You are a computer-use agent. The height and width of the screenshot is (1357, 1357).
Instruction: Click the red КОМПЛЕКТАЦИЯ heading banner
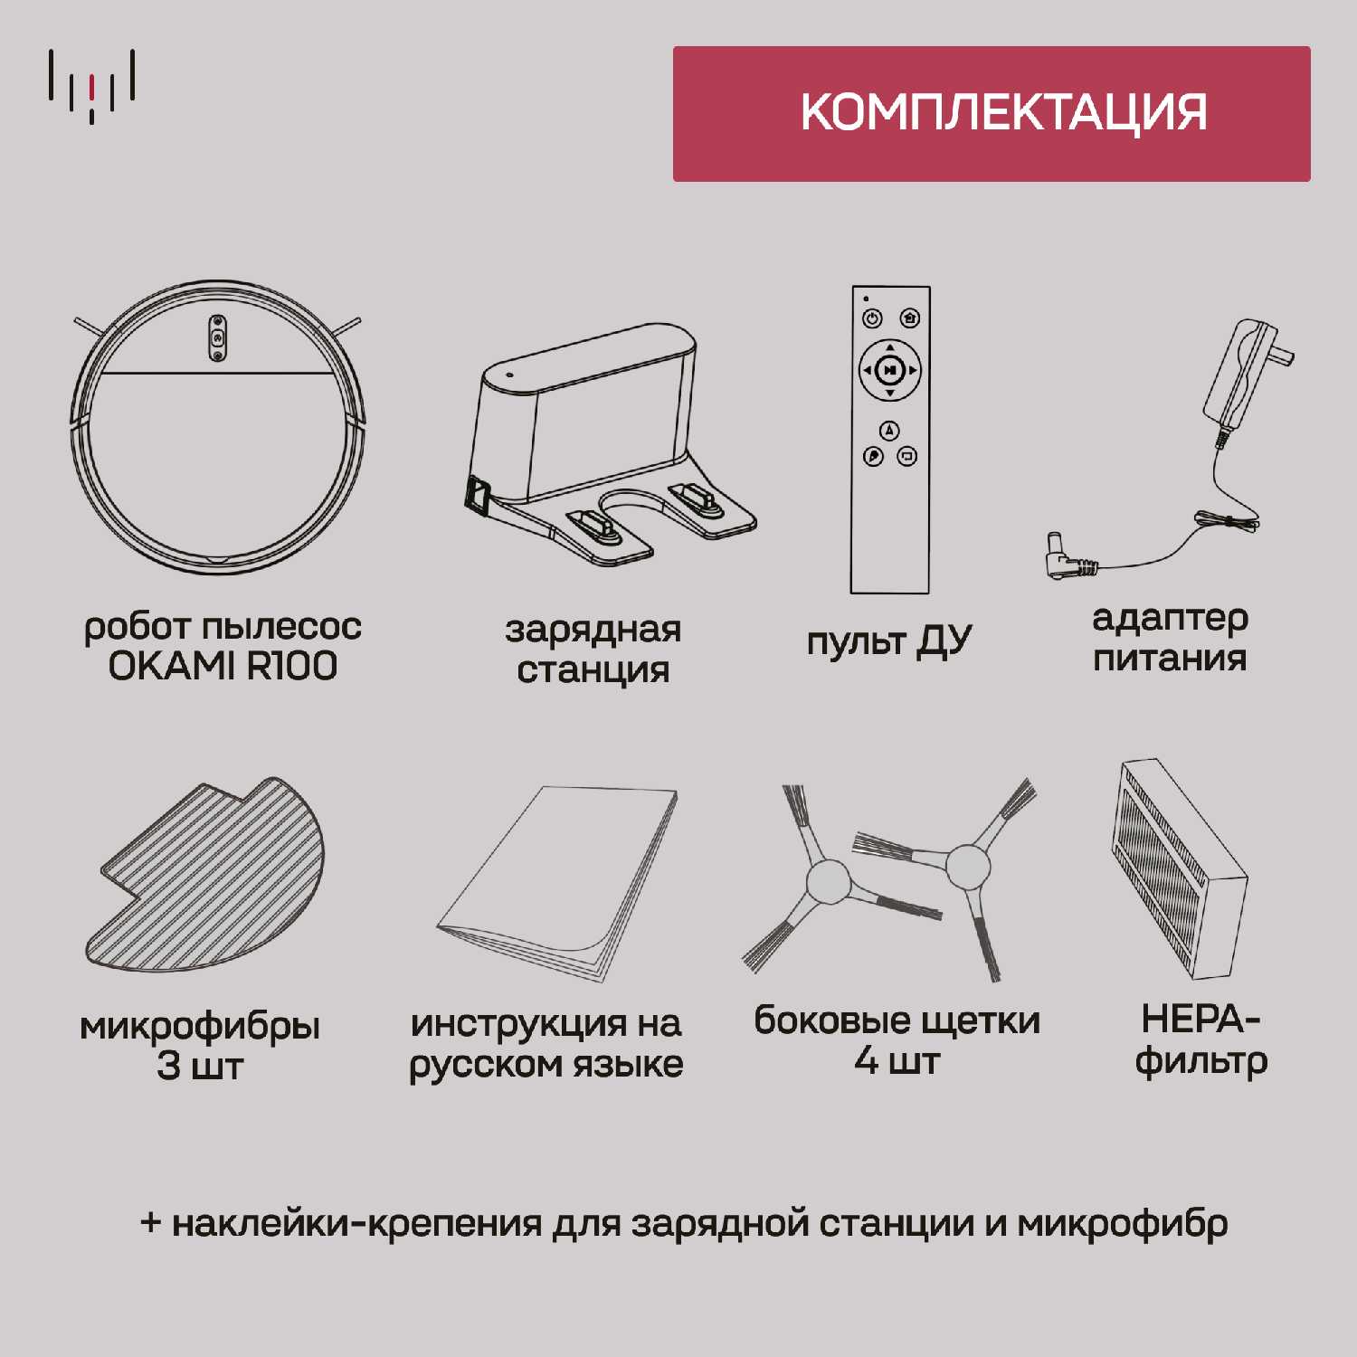[992, 114]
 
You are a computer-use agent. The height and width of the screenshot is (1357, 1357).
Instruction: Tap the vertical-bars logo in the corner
[92, 86]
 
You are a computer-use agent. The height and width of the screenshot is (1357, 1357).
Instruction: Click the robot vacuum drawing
[217, 427]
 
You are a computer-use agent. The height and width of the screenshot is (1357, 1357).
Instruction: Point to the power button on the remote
[872, 318]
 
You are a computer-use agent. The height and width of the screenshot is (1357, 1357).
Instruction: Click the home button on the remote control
[910, 318]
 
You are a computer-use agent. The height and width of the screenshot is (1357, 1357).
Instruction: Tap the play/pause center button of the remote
[890, 370]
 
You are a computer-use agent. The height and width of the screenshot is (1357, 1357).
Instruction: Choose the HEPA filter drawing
[1181, 869]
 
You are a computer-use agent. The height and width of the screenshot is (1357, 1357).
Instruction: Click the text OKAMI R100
[223, 667]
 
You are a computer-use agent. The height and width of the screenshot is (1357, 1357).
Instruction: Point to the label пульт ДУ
[890, 642]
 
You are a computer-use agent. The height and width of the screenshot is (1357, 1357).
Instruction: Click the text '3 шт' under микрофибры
[200, 1066]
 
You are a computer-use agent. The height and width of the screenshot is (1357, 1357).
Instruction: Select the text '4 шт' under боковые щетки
[897, 1060]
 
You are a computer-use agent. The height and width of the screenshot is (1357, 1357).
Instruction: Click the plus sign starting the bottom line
[151, 1223]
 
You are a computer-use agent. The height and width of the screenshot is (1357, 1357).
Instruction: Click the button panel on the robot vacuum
[217, 337]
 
